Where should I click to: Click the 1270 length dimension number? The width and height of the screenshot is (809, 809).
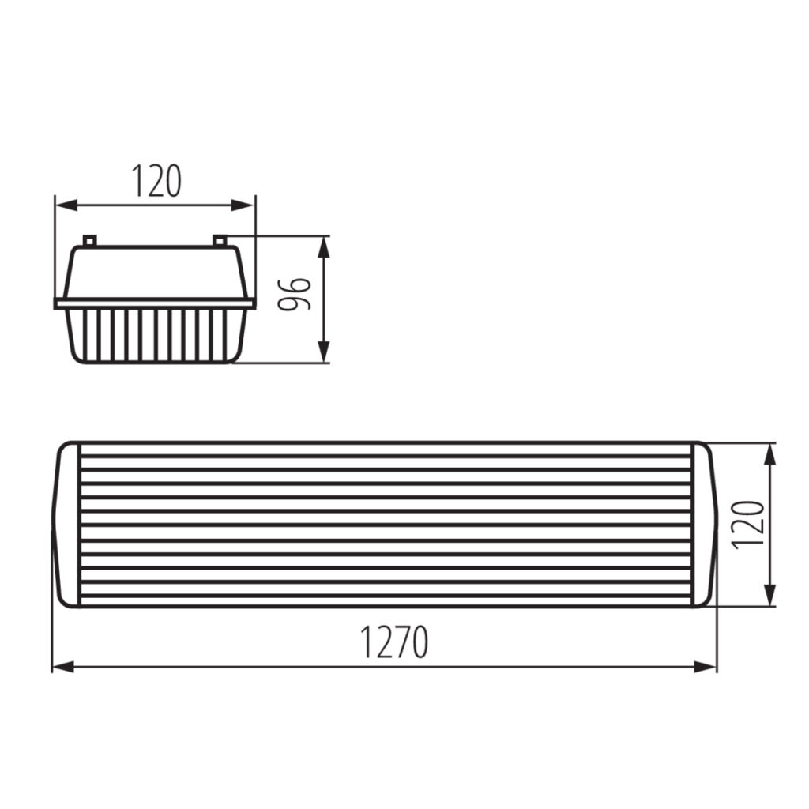393,642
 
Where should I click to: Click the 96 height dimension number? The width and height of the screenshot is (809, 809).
294,294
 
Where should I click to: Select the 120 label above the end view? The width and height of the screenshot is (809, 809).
157,181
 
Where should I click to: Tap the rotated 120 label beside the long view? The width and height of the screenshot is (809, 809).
747,525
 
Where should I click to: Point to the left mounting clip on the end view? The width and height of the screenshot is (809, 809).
90,240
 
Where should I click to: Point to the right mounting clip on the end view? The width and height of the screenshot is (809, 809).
220,240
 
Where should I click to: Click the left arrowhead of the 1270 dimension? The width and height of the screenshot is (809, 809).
63,667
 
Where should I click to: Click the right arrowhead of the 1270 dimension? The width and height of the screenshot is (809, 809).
706,667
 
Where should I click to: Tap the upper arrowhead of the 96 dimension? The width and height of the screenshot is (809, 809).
323,247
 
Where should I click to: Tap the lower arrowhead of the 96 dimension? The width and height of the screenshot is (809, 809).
323,352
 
